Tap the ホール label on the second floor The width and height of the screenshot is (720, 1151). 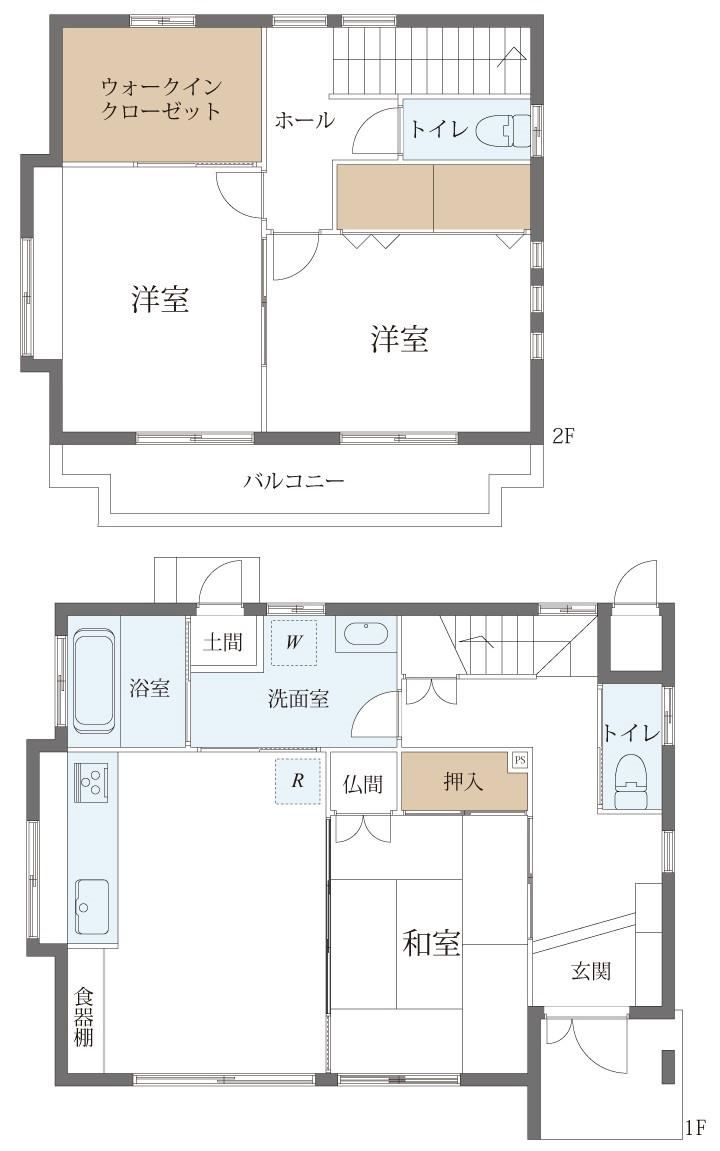[305, 120]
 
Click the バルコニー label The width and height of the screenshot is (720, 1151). [294, 482]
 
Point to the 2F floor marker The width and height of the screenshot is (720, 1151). [562, 437]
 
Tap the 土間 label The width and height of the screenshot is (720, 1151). [222, 642]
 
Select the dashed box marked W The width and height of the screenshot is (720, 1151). [294, 642]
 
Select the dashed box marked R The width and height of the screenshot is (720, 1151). [297, 781]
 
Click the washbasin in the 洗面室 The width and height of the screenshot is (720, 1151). [365, 634]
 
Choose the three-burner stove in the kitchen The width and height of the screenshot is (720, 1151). [92, 779]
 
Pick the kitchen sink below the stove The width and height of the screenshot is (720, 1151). [92, 907]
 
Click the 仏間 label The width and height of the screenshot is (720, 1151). [363, 784]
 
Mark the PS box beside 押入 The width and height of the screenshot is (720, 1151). [520, 760]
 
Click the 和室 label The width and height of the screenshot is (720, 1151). [432, 943]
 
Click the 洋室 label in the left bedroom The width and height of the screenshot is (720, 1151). [160, 299]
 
